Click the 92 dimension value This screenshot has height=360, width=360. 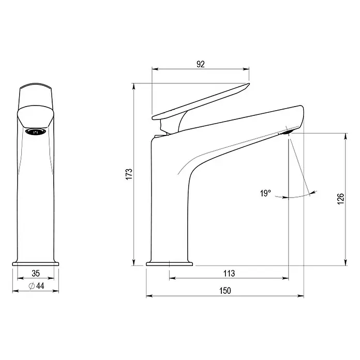click(201, 64)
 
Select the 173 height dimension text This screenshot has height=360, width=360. click(129, 174)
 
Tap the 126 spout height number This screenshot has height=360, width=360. click(341, 199)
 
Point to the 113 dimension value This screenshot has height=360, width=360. click(229, 274)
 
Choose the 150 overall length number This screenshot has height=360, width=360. click(225, 291)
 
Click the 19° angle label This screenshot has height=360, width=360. click(265, 193)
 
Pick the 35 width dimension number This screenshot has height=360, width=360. click(36, 274)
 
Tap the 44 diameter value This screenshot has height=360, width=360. click(40, 286)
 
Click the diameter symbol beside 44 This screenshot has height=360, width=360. click(32, 286)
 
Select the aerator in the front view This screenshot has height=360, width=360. click(36, 132)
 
